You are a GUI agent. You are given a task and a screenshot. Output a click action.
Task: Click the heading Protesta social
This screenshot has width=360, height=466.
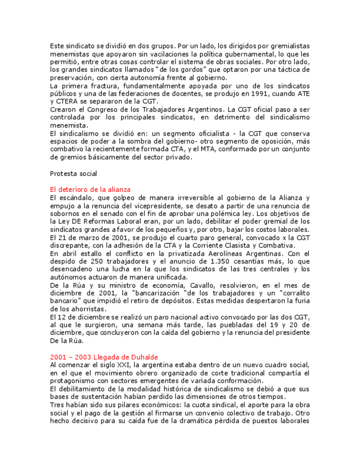(x=73, y=174)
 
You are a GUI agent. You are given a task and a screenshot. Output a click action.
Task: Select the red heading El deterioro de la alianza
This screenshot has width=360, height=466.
(x=90, y=190)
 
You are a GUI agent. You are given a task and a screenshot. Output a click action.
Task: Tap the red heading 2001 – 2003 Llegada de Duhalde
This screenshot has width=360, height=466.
(x=104, y=357)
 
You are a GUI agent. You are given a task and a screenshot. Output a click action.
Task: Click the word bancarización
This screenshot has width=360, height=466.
(x=155, y=293)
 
